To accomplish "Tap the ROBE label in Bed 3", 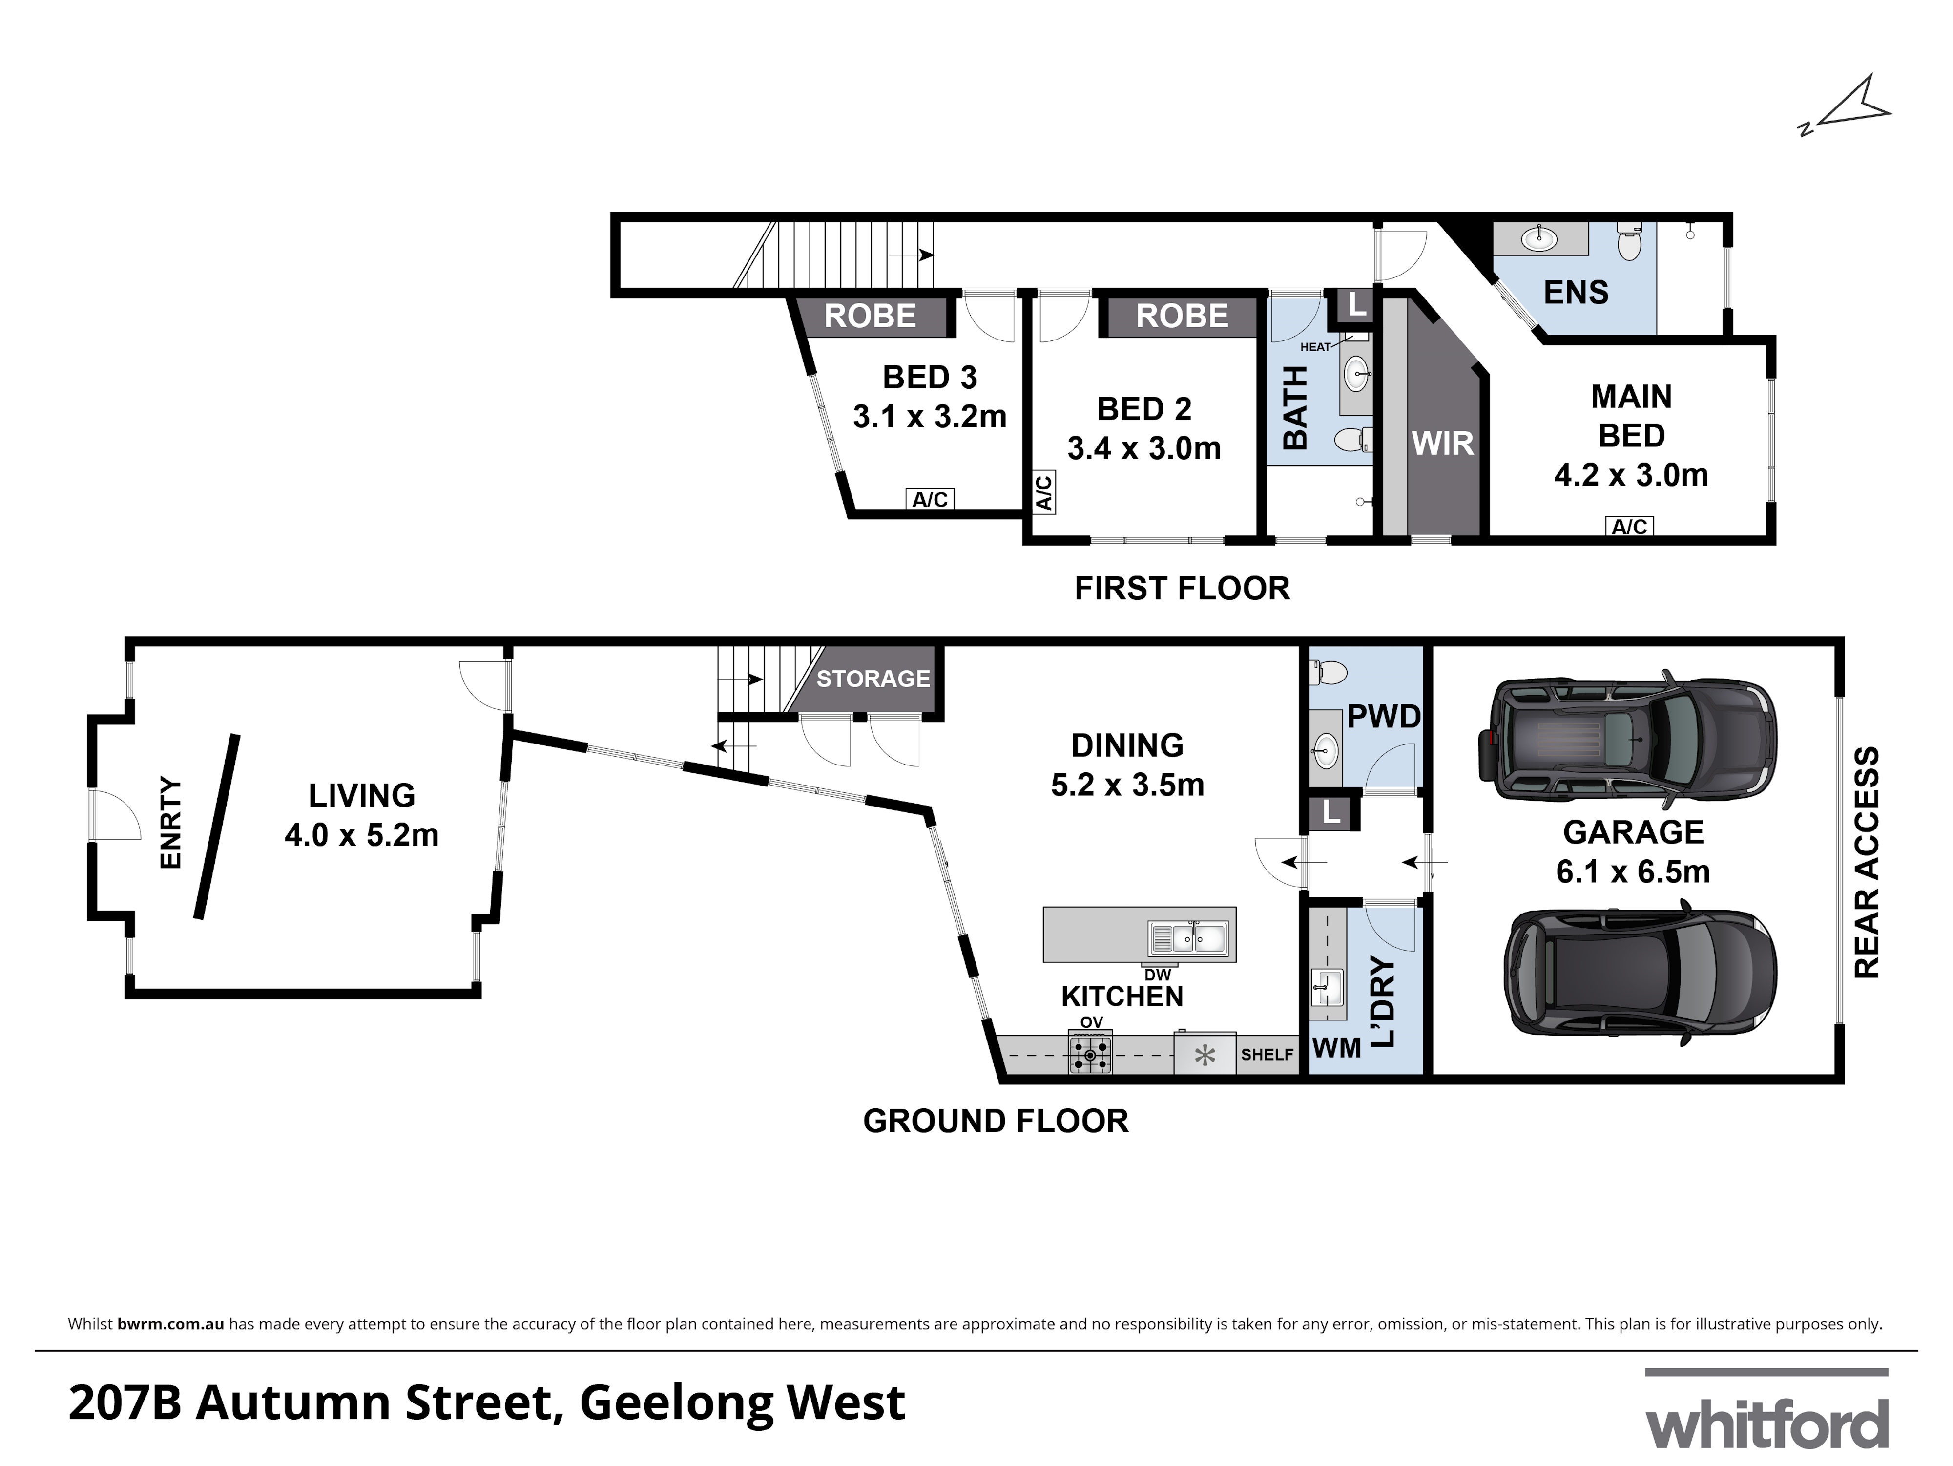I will (870, 316).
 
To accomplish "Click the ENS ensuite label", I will (1576, 292).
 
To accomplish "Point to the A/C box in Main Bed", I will (1629, 527).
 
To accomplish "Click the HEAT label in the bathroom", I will (1315, 347).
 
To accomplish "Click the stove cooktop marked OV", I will (1090, 1055).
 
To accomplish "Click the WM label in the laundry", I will (1337, 1048).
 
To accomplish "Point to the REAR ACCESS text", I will (1867, 863).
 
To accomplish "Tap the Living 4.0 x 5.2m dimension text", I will (361, 834).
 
